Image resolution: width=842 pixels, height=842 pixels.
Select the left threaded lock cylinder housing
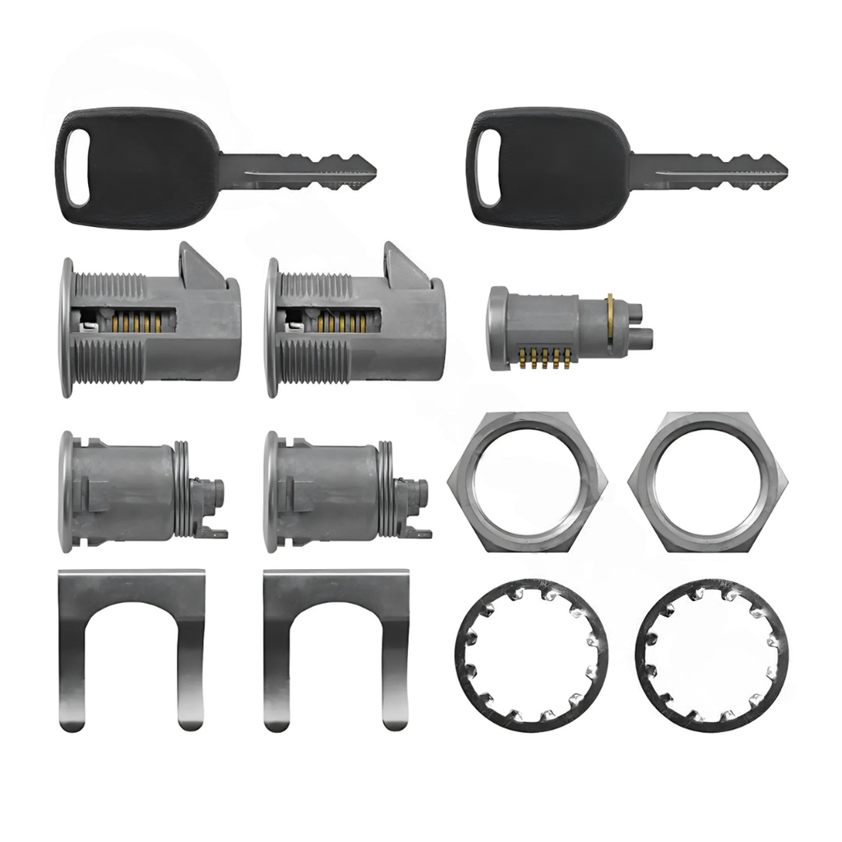click(152, 325)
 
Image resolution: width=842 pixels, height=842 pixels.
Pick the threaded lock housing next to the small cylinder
click(358, 325)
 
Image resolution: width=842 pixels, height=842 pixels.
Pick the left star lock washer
click(530, 655)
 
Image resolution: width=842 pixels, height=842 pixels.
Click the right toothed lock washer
click(712, 655)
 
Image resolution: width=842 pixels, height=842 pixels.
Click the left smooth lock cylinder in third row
click(132, 492)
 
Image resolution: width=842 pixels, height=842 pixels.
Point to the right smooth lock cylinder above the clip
click(337, 492)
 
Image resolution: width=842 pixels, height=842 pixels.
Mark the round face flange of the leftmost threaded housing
click(66, 326)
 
